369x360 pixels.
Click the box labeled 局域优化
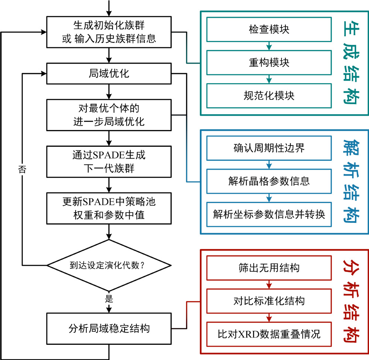109,74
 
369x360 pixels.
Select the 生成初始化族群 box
109,32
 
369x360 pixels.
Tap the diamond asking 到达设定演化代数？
109,265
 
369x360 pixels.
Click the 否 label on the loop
22,170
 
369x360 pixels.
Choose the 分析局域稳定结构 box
109,328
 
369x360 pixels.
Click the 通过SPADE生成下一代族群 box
109,161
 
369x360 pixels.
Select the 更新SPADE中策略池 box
109,208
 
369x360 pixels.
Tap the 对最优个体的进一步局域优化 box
109,115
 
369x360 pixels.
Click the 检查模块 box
269,29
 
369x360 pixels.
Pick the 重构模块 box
269,63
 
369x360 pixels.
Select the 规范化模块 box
269,96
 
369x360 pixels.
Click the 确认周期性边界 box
269,148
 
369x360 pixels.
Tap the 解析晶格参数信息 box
269,181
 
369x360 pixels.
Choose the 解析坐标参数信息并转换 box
269,214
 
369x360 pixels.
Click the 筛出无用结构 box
269,268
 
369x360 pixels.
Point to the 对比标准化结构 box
269,301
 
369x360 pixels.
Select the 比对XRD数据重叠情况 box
269,334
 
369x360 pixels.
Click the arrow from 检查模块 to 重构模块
269,46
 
